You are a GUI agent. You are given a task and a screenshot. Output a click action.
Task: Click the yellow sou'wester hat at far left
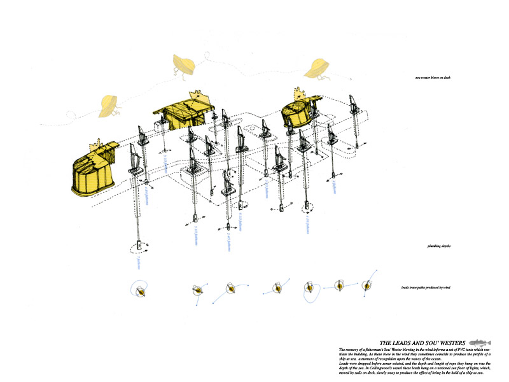point(109,105)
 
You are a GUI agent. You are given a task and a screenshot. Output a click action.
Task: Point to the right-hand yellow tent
point(302,112)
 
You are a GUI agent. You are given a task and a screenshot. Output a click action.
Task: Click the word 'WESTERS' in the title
point(449,342)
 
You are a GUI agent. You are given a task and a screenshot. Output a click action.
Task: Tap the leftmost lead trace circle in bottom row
point(140,290)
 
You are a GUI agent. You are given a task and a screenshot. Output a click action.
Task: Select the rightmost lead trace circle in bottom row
point(366,286)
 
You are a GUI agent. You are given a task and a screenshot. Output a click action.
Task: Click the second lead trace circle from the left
point(199,290)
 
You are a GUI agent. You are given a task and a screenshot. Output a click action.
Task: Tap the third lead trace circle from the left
point(232,289)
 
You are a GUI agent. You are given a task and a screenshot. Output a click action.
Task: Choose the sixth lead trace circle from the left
point(339,286)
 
